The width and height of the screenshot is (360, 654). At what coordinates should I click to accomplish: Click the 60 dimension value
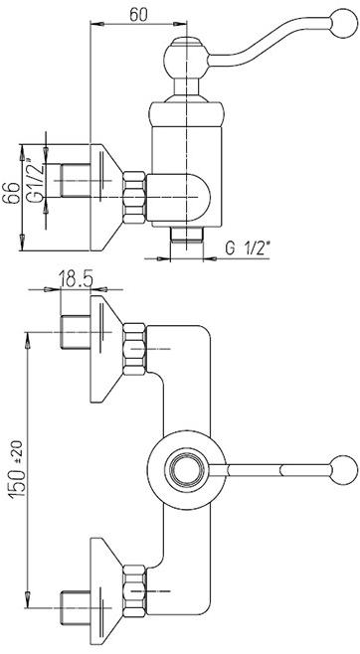pos(138,15)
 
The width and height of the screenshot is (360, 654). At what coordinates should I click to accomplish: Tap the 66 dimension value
pos(11,193)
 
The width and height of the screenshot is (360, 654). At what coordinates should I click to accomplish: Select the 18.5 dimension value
pos(76,279)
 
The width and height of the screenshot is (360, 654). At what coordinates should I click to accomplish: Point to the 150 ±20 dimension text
pos(17,469)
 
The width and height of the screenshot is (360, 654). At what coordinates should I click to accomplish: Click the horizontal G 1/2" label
pos(249,248)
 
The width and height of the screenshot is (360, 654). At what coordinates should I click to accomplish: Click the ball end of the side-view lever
pos(343,23)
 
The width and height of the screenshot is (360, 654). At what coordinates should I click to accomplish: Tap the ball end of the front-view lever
pos(343,470)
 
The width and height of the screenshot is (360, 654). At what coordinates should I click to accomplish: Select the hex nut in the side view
pos(134,197)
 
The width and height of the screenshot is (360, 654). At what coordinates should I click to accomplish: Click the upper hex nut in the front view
pos(134,349)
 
